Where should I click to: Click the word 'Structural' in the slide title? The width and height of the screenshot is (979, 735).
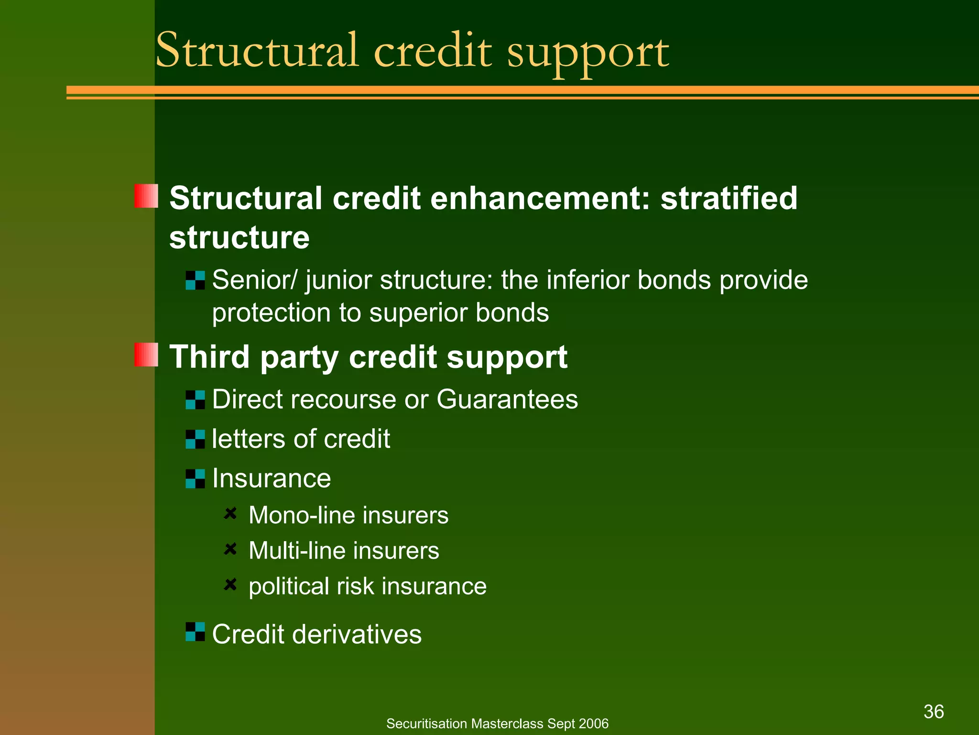pyautogui.click(x=257, y=51)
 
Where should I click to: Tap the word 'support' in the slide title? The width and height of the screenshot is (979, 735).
pyautogui.click(x=587, y=54)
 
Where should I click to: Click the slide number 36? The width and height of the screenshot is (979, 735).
pyautogui.click(x=934, y=712)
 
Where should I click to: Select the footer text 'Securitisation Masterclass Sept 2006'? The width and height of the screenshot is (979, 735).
pyautogui.click(x=497, y=724)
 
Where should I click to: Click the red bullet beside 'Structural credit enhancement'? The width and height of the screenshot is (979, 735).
pyautogui.click(x=146, y=196)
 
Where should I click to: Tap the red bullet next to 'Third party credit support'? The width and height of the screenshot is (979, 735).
pyautogui.click(x=146, y=355)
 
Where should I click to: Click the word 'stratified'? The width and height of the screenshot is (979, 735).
pyautogui.click(x=729, y=198)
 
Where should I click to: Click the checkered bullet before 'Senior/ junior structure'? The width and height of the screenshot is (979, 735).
pyautogui.click(x=195, y=280)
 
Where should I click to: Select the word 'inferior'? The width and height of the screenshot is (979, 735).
pyautogui.click(x=587, y=280)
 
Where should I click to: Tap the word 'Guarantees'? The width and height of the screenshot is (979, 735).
pyautogui.click(x=507, y=399)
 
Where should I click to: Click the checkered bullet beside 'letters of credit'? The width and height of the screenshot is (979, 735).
pyautogui.click(x=195, y=439)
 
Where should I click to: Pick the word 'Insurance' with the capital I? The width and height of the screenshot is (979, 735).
pyautogui.click(x=271, y=478)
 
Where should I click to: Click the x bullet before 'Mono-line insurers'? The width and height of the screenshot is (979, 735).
pyautogui.click(x=230, y=513)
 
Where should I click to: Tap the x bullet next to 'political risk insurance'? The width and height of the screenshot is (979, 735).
pyautogui.click(x=230, y=584)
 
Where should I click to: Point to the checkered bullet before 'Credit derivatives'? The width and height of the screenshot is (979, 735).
pyautogui.click(x=195, y=632)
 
